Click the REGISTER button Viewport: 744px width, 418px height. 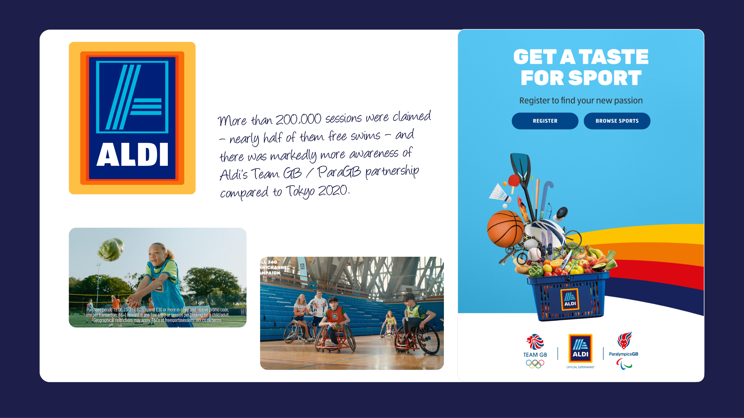pos(545,121)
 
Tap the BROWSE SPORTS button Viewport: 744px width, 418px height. pos(617,121)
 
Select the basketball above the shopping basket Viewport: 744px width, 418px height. pos(505,229)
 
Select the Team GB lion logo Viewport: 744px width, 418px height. pos(535,342)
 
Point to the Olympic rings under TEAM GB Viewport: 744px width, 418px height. pos(535,364)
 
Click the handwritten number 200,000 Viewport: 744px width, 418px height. pos(298,119)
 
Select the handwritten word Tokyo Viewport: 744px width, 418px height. pos(300,191)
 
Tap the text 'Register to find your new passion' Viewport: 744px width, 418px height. pos(581,101)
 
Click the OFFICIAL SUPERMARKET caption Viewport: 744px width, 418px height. pos(580,367)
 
